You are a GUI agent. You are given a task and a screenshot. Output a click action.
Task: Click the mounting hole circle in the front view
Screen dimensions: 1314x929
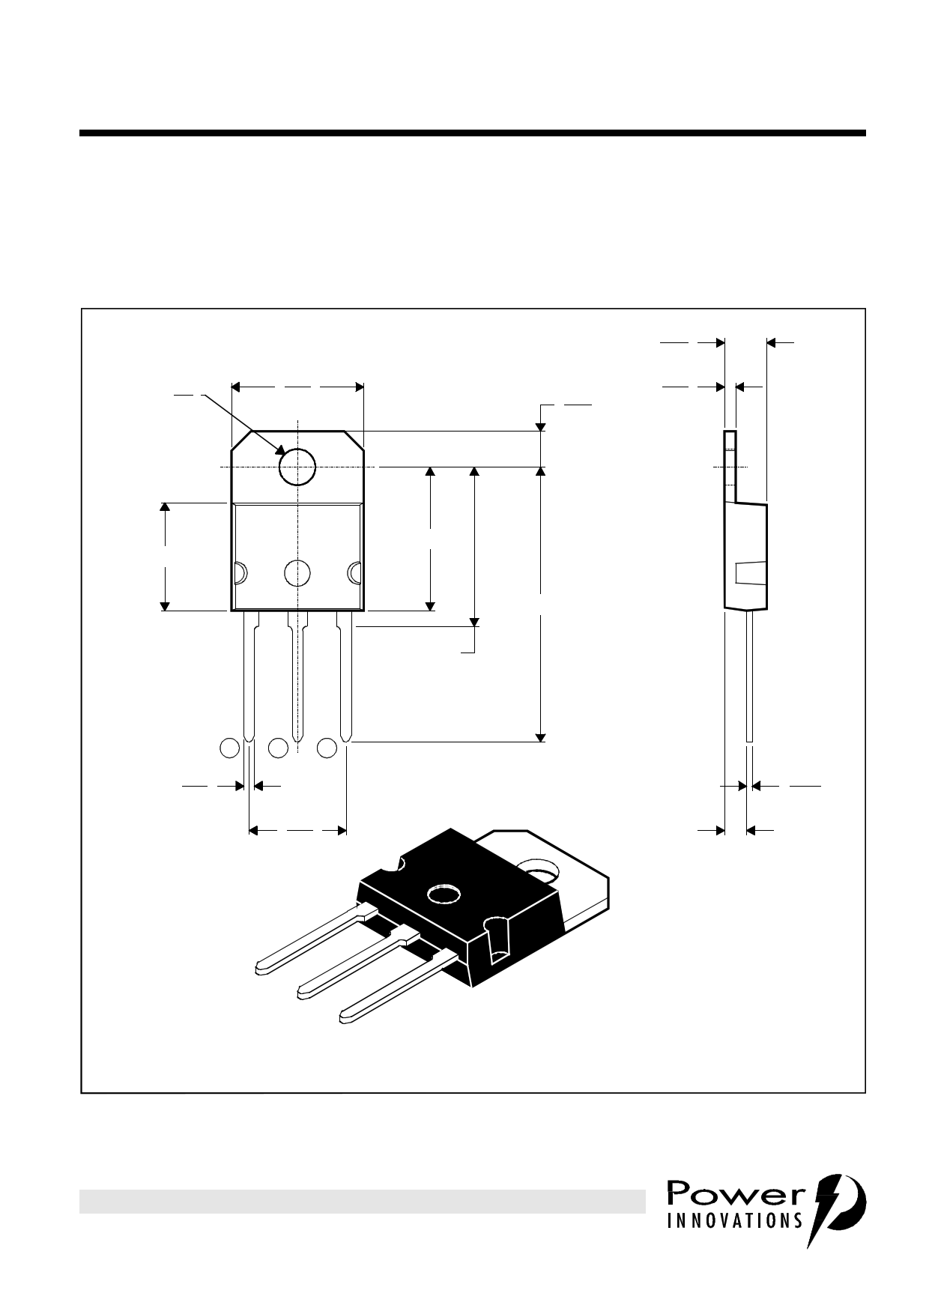297,467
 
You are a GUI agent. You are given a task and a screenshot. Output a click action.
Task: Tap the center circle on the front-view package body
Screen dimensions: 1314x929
297,573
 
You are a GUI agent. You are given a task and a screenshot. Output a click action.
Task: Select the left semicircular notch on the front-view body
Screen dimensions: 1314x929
240,573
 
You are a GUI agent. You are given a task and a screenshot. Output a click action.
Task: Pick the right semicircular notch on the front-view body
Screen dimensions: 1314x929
354,573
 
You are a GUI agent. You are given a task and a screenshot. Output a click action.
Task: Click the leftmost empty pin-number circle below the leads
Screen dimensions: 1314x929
229,747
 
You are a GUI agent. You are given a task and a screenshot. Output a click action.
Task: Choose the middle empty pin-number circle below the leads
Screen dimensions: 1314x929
278,747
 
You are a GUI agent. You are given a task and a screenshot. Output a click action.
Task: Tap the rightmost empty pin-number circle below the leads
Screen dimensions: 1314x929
327,747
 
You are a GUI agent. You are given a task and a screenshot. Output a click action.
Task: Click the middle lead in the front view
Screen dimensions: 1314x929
297,674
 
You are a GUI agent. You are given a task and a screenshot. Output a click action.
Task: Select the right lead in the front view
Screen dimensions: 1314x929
345,674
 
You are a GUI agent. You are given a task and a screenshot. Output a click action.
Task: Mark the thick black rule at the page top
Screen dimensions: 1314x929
472,133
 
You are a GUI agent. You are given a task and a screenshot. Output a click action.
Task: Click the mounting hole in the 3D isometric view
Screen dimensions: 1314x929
539,871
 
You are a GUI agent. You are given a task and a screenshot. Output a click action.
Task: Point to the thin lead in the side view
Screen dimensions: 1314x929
749,674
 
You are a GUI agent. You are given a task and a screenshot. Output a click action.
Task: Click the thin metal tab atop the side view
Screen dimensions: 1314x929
730,464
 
